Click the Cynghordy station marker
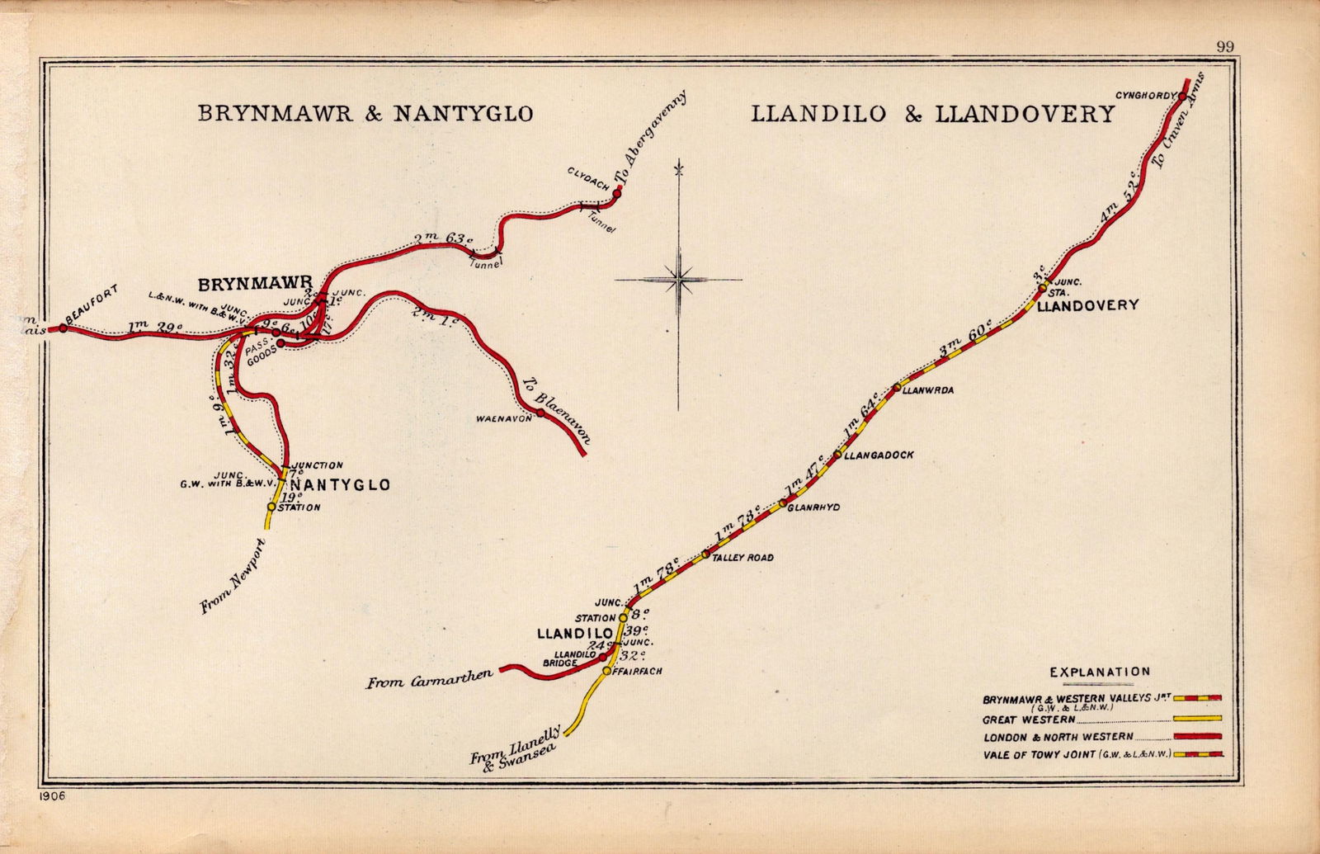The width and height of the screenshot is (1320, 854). [1181, 97]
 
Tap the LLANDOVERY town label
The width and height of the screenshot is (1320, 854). [1087, 305]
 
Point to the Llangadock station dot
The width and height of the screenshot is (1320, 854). [837, 455]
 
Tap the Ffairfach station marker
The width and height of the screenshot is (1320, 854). [606, 672]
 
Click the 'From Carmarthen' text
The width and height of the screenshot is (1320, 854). [430, 682]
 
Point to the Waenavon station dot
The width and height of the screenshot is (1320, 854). [540, 413]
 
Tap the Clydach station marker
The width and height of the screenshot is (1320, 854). [615, 195]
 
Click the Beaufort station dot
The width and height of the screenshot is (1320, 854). [63, 328]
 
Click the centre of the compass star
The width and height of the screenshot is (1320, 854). [678, 280]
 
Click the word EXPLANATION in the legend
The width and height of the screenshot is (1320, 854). [1100, 672]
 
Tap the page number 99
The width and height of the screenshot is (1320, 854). [1224, 47]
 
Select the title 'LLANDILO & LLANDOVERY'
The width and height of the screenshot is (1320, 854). [933, 114]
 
